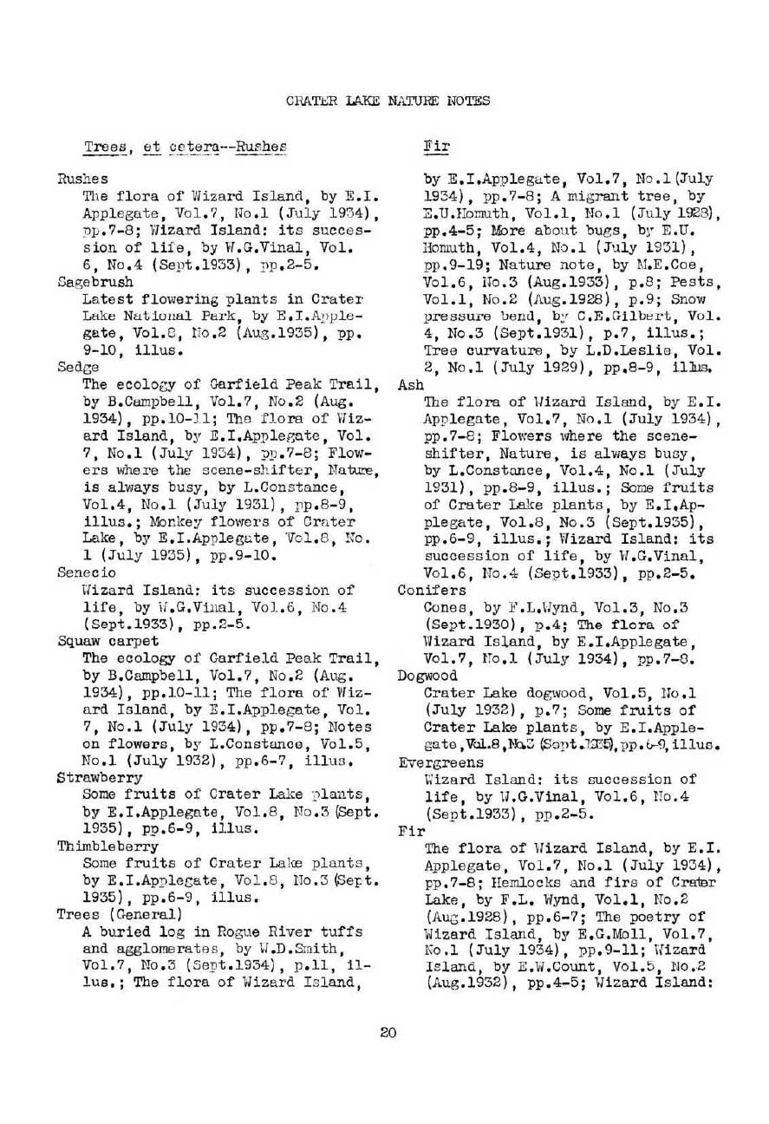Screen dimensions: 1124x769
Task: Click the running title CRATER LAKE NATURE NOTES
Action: (x=388, y=101)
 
